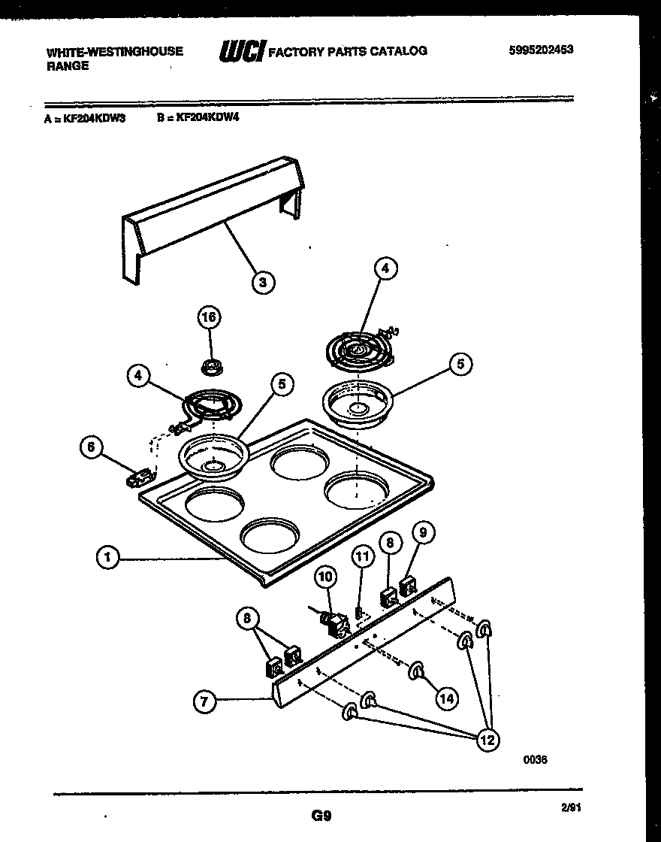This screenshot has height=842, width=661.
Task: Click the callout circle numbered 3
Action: tap(261, 283)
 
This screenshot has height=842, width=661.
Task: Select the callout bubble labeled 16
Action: tap(209, 318)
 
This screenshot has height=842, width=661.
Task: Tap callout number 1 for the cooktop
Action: tap(108, 558)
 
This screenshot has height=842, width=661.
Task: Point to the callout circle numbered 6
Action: tap(91, 447)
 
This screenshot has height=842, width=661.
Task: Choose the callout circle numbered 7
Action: tap(204, 702)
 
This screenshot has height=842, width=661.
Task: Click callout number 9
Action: tap(424, 533)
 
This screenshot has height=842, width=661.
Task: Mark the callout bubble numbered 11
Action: tap(363, 557)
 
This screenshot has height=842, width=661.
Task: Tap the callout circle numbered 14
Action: tap(446, 698)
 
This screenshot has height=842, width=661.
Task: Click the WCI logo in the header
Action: tap(240, 52)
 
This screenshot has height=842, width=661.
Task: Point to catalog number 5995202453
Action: tap(540, 50)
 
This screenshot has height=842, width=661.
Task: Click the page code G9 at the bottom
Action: tap(321, 815)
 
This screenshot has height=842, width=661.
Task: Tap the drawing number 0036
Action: tap(535, 759)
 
